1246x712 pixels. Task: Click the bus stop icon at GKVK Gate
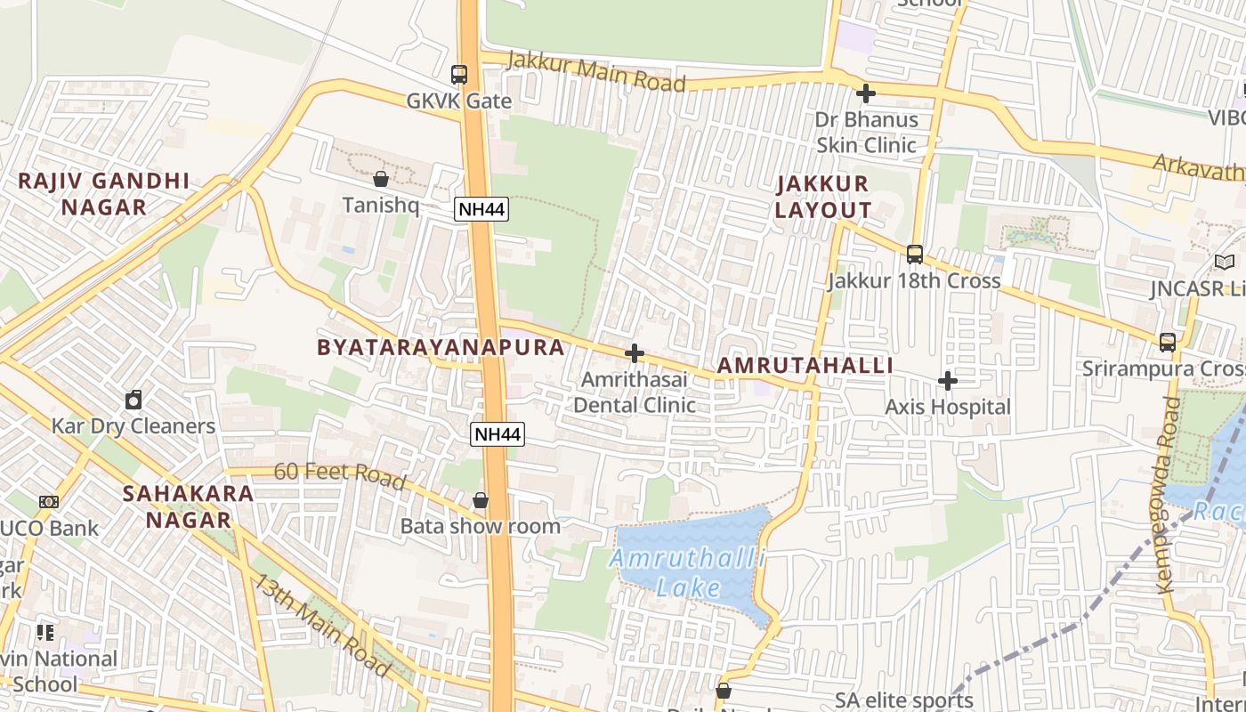pos(459,75)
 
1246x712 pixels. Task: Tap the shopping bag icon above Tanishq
pos(381,179)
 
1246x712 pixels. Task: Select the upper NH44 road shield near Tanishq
pos(481,209)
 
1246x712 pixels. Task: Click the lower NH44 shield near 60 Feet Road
pos(498,434)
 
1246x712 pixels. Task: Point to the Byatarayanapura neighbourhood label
pos(441,347)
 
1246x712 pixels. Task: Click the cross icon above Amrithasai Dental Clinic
pos(635,353)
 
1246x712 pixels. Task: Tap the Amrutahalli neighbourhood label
pos(805,366)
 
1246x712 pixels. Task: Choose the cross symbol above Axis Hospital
pos(948,381)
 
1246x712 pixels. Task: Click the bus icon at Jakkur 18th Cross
pos(915,255)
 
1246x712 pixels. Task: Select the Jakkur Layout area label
pos(822,197)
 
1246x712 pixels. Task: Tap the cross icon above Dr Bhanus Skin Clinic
pos(866,93)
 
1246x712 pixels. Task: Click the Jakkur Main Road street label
pos(596,72)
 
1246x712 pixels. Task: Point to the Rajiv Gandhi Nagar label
pos(103,194)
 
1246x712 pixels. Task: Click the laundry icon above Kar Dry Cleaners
pos(133,400)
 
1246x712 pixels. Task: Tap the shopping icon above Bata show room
pos(481,500)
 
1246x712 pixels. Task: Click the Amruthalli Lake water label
pos(689,573)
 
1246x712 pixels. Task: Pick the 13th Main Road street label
pos(322,624)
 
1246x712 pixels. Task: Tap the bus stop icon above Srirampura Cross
pos(1168,342)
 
